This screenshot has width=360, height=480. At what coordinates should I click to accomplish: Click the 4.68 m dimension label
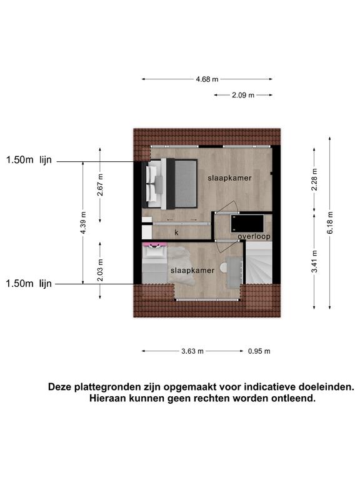point(207,79)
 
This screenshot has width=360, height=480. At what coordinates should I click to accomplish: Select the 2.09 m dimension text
point(243,95)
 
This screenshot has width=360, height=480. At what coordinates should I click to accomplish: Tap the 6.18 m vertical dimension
point(330,222)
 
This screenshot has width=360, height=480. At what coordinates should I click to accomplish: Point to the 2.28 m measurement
point(314,179)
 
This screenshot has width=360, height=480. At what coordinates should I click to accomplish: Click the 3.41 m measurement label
point(314,261)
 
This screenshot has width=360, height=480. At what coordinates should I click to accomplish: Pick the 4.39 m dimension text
point(83,222)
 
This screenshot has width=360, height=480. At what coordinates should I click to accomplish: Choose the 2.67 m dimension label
point(100,185)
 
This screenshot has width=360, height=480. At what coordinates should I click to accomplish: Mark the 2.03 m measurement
point(100,270)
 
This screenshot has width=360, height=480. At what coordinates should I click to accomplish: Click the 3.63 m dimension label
point(192,351)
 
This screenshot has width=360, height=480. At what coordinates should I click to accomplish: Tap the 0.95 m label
point(259,351)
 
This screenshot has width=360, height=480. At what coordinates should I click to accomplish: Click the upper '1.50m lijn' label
point(29,160)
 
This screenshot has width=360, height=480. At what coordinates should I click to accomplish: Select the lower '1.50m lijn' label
point(29,284)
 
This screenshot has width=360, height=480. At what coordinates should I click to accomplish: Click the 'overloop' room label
point(254,236)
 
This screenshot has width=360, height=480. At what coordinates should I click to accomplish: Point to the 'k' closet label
point(176,232)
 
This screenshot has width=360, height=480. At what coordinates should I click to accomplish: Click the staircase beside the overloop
point(259,262)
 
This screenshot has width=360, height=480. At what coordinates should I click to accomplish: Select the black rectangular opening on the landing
point(247,224)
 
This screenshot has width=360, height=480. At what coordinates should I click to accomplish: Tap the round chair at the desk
point(224,267)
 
